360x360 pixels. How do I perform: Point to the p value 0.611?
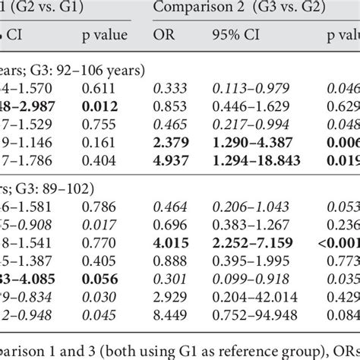(x=97, y=89)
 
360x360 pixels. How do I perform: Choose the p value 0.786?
(x=97, y=207)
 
